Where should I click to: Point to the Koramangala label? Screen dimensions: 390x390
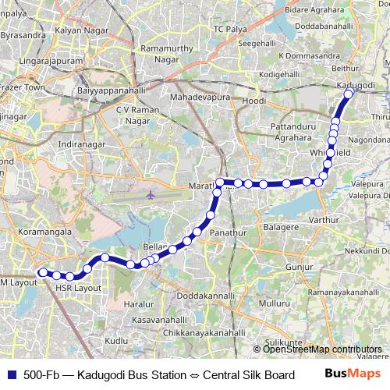[x=45, y=232]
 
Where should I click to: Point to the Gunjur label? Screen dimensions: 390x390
[x=299, y=267]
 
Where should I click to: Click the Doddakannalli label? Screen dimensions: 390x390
[x=205, y=296]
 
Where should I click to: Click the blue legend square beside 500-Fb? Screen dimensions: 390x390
[x=10, y=374]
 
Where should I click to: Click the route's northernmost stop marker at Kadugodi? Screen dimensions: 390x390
[x=349, y=93]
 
